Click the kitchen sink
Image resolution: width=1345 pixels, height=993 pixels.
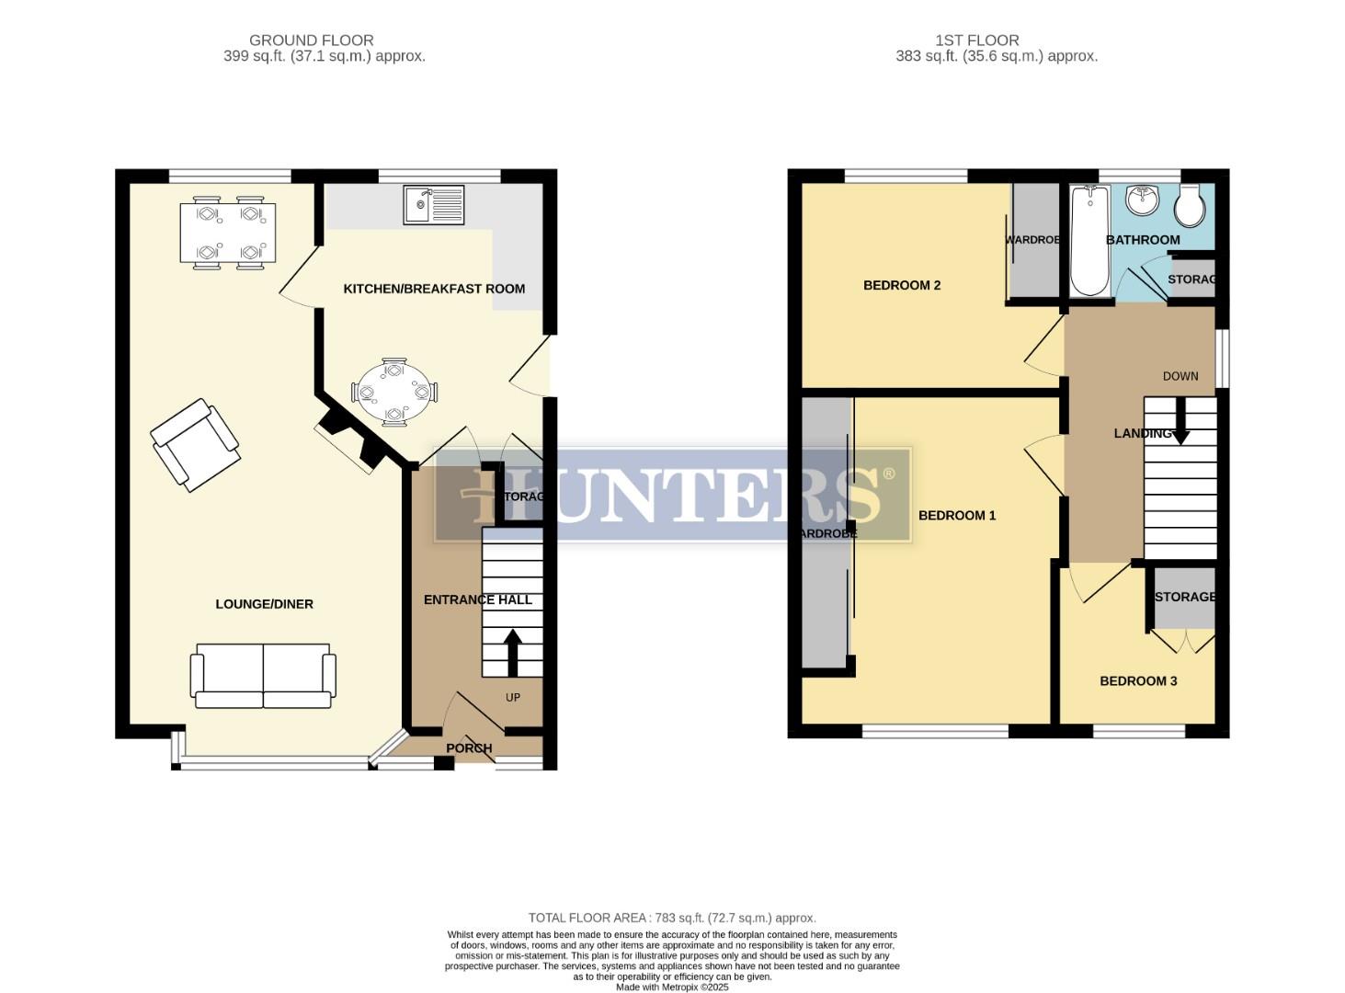[x=434, y=204]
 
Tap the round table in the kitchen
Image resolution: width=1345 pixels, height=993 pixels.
[x=394, y=393]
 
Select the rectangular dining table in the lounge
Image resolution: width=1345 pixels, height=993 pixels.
[x=228, y=233]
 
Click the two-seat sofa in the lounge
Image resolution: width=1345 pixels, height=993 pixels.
[x=263, y=676]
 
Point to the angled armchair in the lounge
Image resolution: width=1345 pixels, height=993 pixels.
[x=195, y=444]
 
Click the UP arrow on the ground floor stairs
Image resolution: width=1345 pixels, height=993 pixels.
[x=512, y=652]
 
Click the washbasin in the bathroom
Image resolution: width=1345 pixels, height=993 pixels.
[x=1143, y=200]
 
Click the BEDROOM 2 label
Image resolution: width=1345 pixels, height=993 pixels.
[x=901, y=285]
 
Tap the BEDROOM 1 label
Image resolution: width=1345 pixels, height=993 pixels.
[x=957, y=516]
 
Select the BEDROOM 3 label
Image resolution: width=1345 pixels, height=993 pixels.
[x=1138, y=681]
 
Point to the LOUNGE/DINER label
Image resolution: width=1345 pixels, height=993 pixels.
[x=264, y=604]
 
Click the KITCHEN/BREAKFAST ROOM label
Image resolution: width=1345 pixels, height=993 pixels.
[x=434, y=289]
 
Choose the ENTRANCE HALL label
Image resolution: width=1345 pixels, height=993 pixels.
[x=477, y=599]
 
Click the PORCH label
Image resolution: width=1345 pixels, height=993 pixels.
[x=469, y=748]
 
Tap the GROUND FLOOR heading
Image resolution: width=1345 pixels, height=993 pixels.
[x=311, y=40]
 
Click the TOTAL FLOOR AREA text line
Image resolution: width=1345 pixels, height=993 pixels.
[x=671, y=918]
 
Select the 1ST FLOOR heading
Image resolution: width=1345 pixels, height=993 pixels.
[x=976, y=40]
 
